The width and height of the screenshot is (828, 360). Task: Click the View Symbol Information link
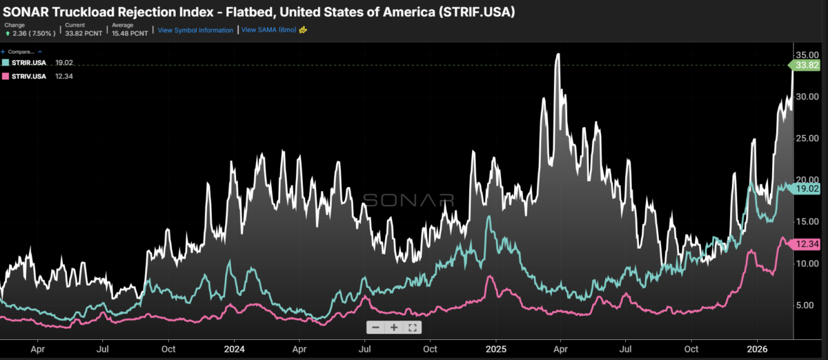pyautogui.click(x=195, y=30)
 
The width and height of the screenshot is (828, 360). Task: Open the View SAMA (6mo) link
pyautogui.click(x=268, y=30)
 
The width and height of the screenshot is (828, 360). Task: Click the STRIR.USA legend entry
pyautogui.click(x=25, y=63)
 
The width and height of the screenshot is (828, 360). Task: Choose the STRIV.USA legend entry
pyautogui.click(x=25, y=76)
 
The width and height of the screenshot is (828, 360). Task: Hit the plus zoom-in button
pyautogui.click(x=394, y=328)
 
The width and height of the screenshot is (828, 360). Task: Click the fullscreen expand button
pyautogui.click(x=412, y=328)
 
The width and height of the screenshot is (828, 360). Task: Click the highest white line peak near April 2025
pyautogui.click(x=558, y=54)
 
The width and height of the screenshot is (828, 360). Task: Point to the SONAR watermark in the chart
pyautogui.click(x=408, y=200)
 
